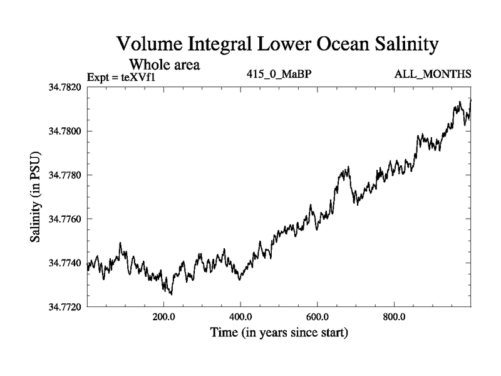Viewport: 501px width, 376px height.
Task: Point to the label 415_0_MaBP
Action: click(x=279, y=75)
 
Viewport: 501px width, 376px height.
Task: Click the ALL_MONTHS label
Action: click(x=432, y=75)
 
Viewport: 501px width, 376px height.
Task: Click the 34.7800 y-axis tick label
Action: click(x=66, y=131)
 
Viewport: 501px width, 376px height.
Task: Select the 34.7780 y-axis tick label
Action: click(x=66, y=175)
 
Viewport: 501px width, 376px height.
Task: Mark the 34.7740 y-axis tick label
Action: click(x=66, y=263)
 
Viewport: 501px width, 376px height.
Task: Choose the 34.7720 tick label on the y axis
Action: click(x=66, y=307)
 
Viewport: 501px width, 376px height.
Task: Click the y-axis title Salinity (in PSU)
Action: click(x=36, y=197)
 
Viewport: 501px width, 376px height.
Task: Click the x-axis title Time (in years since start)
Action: click(x=279, y=332)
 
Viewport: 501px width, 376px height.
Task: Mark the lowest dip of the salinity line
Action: click(x=170, y=294)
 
